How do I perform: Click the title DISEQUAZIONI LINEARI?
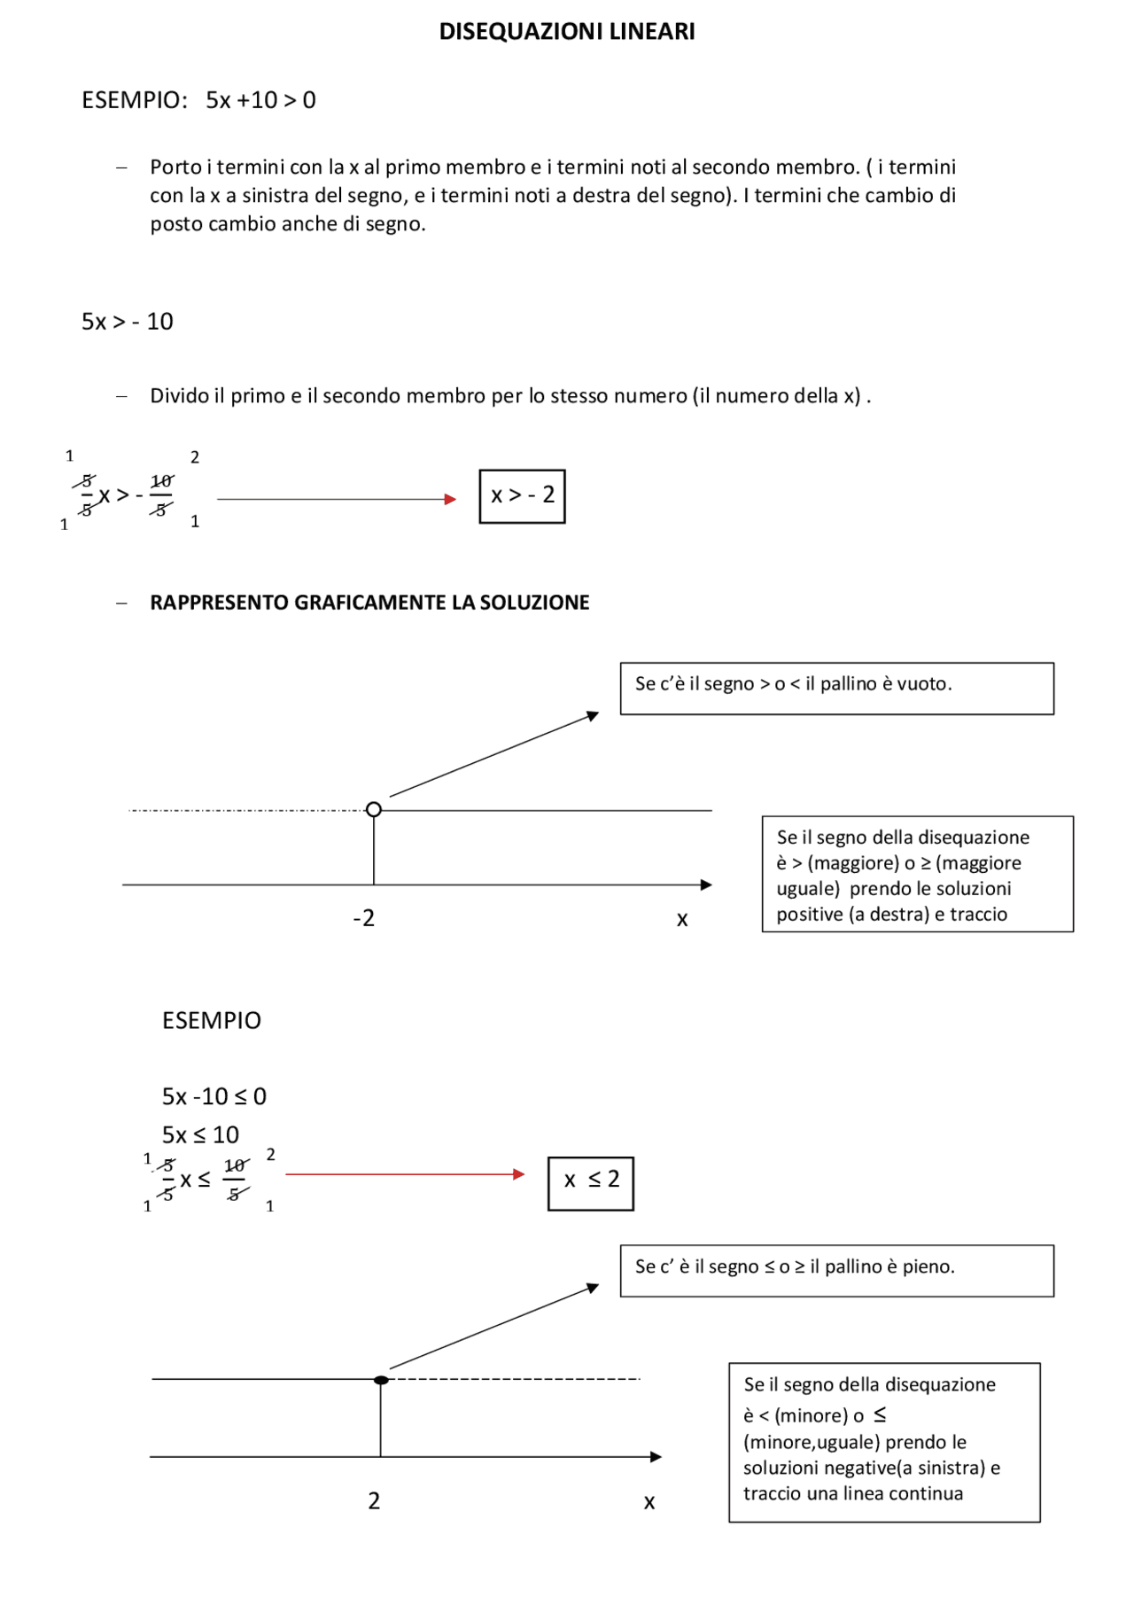coord(567,32)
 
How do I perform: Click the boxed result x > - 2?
coord(522,496)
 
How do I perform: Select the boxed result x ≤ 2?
coord(591,1182)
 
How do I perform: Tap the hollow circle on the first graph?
coord(374,809)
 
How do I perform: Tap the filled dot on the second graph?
coord(381,1380)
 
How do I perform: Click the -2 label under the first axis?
coord(363,918)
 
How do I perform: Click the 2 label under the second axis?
coord(374,1500)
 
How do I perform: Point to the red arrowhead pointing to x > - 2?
coord(450,499)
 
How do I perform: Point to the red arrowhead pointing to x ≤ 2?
coord(519,1174)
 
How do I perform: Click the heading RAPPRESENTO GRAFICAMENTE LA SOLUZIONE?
coord(369,603)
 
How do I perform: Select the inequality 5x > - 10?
coord(128,322)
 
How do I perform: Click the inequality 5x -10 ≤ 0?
coord(214,1096)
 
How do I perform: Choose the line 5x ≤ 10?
coord(200,1134)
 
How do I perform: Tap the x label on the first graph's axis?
coord(682,919)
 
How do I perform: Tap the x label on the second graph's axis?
coord(649,1501)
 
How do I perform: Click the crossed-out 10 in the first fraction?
coord(161,481)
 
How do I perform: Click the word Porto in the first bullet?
coord(175,168)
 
